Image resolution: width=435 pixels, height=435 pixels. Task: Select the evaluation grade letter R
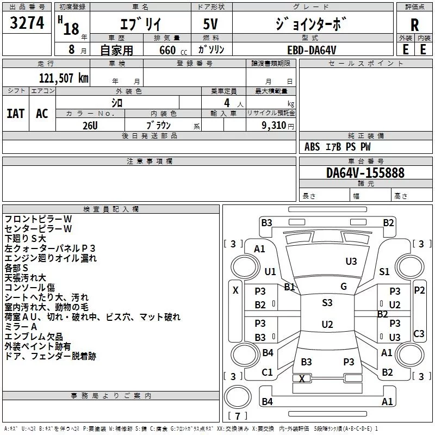414,25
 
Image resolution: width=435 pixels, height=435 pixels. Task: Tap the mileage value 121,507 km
64,78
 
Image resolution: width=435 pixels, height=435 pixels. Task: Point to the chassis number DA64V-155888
365,173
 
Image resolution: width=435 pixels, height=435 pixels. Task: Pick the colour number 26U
90,125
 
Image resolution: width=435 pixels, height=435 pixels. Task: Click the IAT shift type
16,113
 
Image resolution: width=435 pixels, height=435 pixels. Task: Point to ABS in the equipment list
312,147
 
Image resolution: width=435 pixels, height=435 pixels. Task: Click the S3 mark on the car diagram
327,303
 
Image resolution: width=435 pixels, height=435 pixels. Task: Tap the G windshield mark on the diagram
343,287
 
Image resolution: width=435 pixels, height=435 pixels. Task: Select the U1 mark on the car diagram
270,271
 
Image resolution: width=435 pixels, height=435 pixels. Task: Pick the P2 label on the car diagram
419,290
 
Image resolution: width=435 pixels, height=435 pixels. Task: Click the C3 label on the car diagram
419,333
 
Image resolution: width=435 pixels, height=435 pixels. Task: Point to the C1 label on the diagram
267,372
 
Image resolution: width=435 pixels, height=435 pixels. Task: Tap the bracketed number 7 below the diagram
238,417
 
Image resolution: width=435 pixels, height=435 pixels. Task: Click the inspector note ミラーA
21,326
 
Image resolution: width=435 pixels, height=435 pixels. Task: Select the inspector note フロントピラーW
38,219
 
